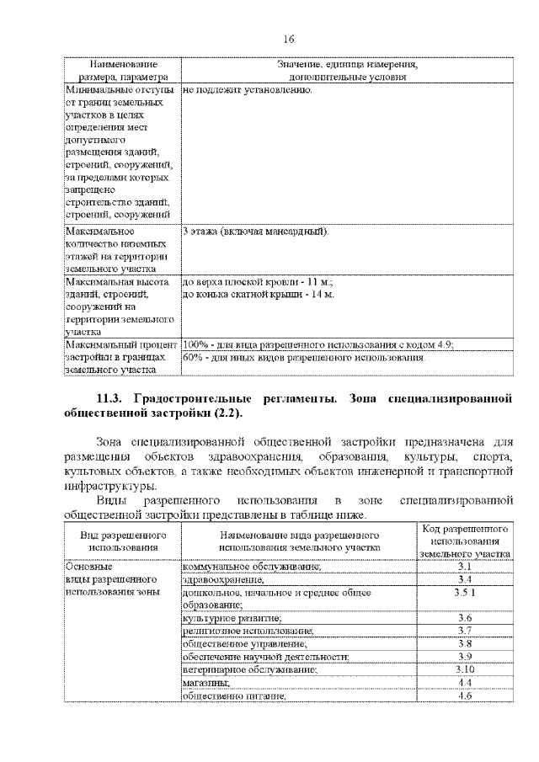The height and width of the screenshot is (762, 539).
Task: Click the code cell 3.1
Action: point(464,568)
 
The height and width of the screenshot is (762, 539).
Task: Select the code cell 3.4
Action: point(464,580)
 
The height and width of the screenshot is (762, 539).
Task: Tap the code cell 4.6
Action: point(464,695)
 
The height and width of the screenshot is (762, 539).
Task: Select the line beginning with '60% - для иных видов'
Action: point(303,357)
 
